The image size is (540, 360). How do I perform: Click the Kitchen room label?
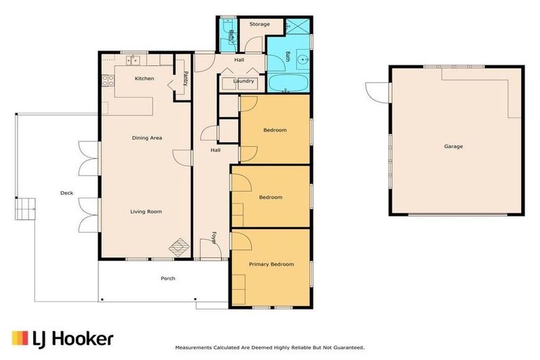coord(144,78)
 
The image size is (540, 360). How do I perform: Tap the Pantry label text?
coord(185,78)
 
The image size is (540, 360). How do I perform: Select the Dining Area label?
coord(147,138)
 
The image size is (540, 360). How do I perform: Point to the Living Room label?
coord(146,211)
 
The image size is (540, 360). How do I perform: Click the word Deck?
coord(66,193)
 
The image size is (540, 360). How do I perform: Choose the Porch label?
coord(167,278)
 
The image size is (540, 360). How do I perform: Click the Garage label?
coord(453,146)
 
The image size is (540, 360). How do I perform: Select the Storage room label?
coord(259,25)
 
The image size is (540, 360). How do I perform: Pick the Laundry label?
coord(243,81)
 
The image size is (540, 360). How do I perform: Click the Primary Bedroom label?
coord(271,264)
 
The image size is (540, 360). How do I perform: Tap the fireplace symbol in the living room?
coord(181,247)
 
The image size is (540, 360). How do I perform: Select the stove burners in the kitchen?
coord(108,80)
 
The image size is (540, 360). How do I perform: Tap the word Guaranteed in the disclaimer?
coord(346,347)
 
